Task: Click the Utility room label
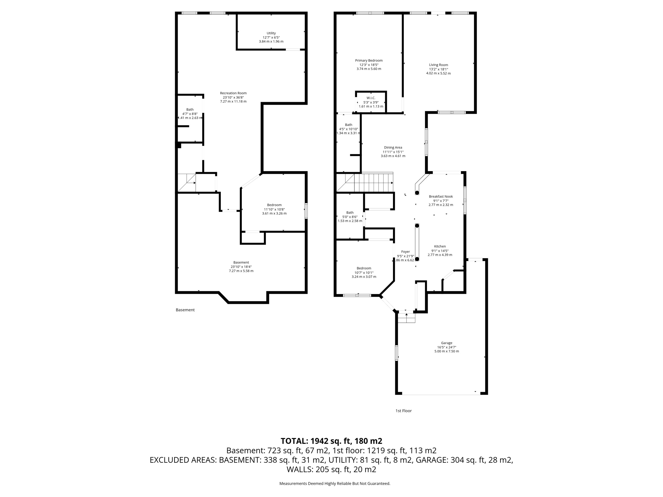(271, 33)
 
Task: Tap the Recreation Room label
(233, 93)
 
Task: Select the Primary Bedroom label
(369, 61)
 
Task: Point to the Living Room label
(438, 65)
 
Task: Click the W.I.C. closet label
(371, 98)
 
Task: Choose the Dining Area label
(393, 148)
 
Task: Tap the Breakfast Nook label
(441, 196)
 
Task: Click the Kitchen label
(440, 246)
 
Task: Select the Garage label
(446, 343)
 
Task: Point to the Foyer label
(405, 252)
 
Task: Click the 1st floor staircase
(372, 183)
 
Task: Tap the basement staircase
(186, 182)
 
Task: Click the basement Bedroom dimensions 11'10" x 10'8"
(274, 209)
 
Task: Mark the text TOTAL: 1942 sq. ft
(331, 441)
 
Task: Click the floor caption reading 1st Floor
(403, 411)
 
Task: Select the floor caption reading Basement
(185, 310)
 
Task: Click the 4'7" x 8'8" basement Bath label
(190, 114)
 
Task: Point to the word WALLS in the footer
(300, 469)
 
